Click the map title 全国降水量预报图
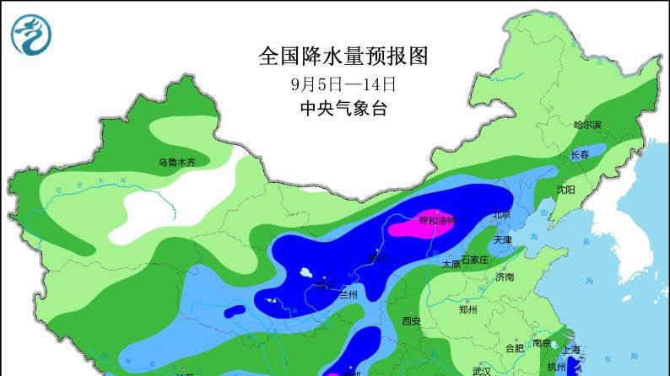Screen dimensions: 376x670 click(343, 56)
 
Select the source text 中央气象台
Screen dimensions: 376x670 click(343, 109)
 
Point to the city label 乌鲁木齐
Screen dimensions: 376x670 click(176, 163)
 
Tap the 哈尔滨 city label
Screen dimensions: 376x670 click(587, 125)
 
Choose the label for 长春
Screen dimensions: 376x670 click(580, 155)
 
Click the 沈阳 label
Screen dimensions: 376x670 click(565, 191)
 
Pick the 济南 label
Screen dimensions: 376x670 click(505, 277)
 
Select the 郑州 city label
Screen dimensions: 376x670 click(467, 310)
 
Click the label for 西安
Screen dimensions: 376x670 click(411, 320)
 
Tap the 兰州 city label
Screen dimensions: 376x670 click(348, 293)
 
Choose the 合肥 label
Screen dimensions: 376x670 click(514, 347)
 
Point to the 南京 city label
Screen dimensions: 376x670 click(542, 343)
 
